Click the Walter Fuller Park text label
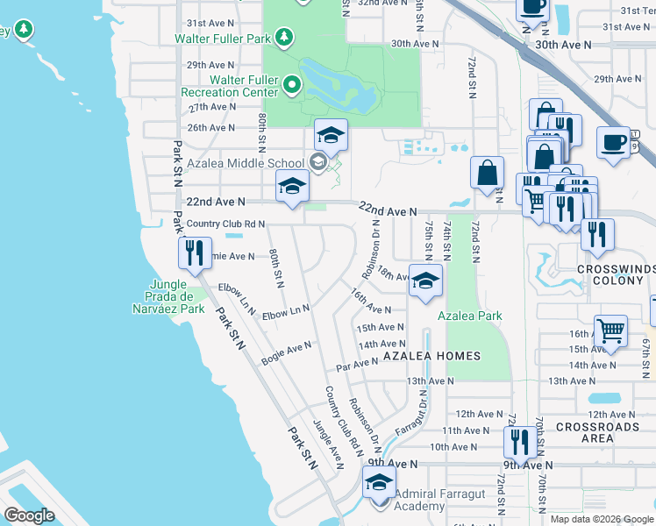(x=223, y=39)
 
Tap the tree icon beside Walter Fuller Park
(x=283, y=37)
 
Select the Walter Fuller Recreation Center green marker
(x=292, y=86)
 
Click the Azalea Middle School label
(x=245, y=163)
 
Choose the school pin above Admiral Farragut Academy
(x=379, y=482)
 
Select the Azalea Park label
(x=469, y=314)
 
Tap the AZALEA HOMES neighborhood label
(x=432, y=356)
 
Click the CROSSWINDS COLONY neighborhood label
(x=616, y=276)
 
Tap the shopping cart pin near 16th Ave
(x=610, y=331)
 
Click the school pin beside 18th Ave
(x=425, y=281)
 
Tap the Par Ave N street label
(x=356, y=363)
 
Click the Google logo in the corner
(x=29, y=515)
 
